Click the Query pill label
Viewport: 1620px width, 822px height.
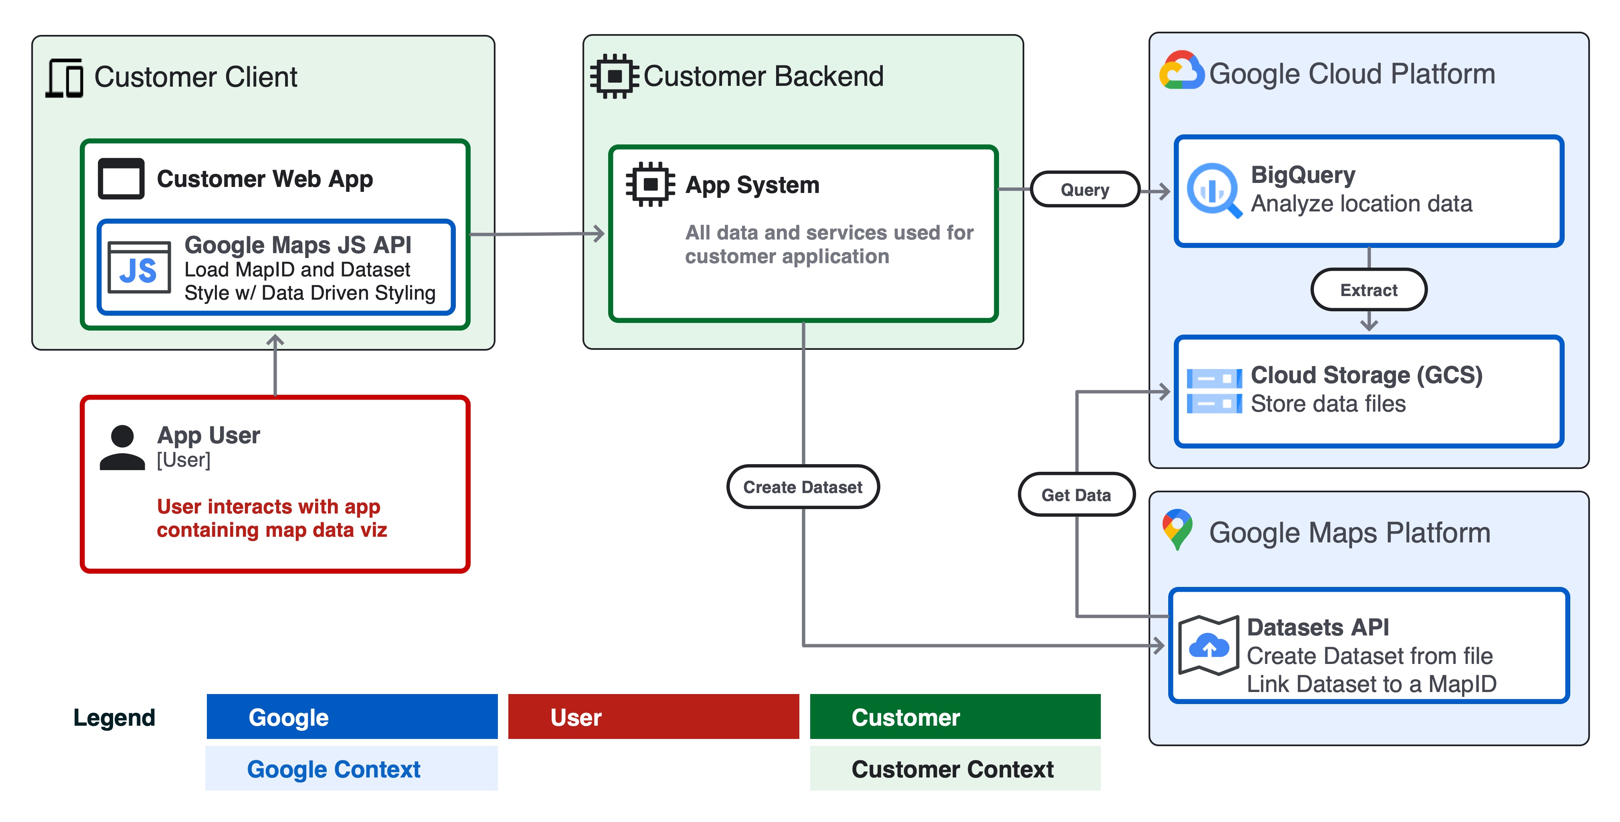(1085, 189)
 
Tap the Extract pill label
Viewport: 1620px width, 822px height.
(1369, 290)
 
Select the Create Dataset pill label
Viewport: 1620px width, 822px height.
(803, 487)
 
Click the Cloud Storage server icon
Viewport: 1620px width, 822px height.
(1214, 391)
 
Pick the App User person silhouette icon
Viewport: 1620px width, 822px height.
(122, 447)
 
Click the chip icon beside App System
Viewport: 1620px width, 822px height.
(650, 185)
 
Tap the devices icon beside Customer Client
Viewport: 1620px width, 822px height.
(65, 78)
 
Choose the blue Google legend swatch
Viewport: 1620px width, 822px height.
(352, 717)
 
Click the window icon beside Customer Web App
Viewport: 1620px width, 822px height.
(121, 179)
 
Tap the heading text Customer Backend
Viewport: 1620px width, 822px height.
(763, 76)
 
